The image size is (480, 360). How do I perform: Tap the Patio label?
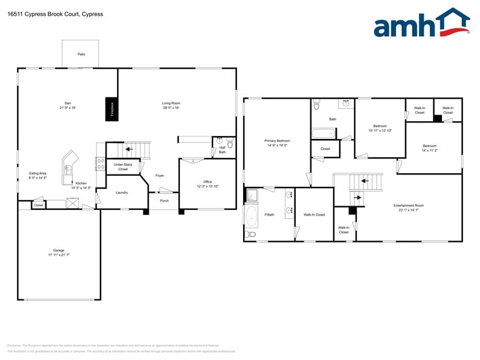coord(81,54)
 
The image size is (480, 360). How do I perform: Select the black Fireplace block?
coord(112,108)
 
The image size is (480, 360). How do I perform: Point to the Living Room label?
coord(171,105)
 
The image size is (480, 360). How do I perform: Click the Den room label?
coord(67,105)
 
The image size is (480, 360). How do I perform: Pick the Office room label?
coord(208,184)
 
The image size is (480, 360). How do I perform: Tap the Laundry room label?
coord(122,192)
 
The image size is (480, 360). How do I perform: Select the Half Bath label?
coord(222,149)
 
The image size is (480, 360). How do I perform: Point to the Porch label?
coord(164,200)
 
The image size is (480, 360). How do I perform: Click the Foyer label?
coord(159,176)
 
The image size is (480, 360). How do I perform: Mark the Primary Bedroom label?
coord(277,143)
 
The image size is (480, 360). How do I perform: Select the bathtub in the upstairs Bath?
coord(323,133)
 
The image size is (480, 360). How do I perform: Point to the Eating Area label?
coord(38,175)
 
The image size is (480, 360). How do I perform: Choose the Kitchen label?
coord(81,186)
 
